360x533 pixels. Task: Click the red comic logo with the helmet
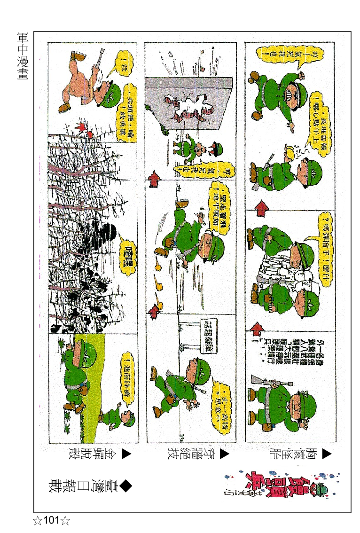(x=282, y=484)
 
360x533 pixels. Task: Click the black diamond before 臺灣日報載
(x=125, y=486)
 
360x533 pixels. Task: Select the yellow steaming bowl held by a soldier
(x=288, y=153)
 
